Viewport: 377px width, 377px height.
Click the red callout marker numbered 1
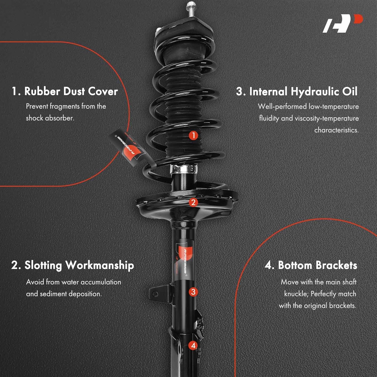pyautogui.click(x=193, y=135)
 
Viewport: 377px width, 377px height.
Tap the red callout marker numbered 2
pyautogui.click(x=193, y=202)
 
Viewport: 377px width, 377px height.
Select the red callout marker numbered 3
pyautogui.click(x=193, y=292)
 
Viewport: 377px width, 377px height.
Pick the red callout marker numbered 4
pyautogui.click(x=193, y=345)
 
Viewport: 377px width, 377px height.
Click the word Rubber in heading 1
pyautogui.click(x=42, y=91)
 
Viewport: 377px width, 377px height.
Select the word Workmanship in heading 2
pyautogui.click(x=100, y=265)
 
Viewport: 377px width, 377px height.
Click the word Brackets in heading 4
pyautogui.click(x=336, y=265)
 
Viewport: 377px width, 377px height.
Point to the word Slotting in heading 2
pyautogui.click(x=43, y=265)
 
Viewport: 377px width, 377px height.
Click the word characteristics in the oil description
pyautogui.click(x=336, y=130)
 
